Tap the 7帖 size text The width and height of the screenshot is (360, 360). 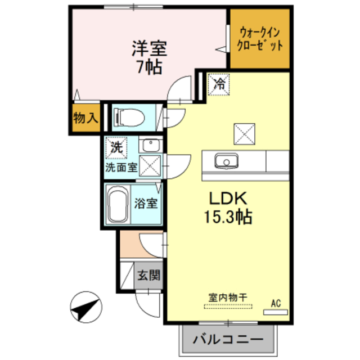pos(149,67)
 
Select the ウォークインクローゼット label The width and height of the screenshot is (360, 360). pos(260,38)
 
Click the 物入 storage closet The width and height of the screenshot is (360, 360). pos(85,119)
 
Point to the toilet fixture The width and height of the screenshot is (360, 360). pos(128,117)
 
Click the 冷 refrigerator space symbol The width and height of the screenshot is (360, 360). pos(218,84)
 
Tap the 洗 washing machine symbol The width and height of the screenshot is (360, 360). pos(116,148)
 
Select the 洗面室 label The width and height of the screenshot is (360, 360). pos(120,167)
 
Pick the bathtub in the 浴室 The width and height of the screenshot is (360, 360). pos(118,205)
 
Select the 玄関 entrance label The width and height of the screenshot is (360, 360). pos(149,276)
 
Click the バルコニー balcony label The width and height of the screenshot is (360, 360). pos(228,340)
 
